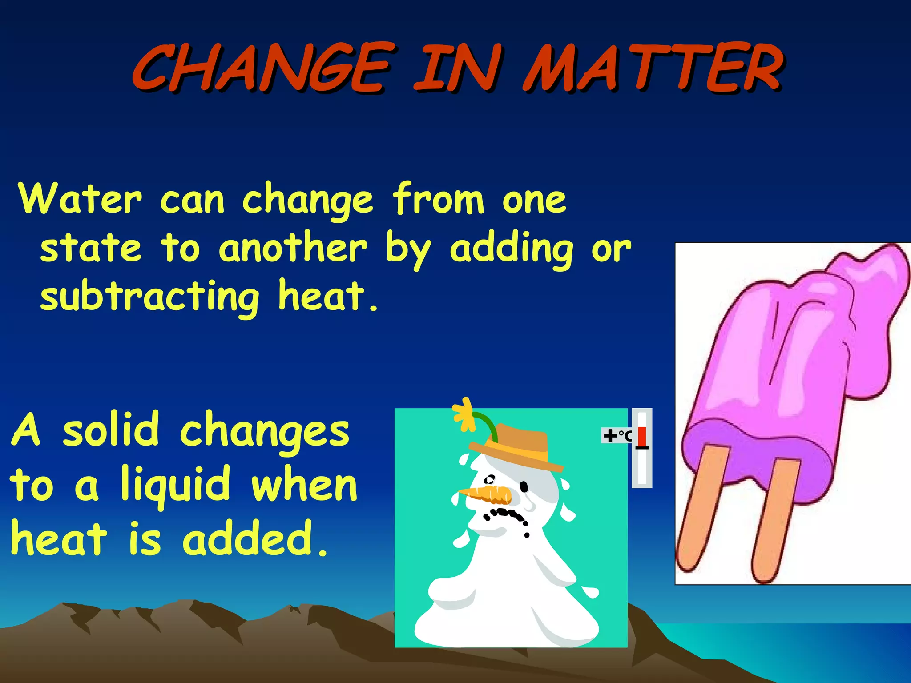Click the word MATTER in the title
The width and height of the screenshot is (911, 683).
[653, 68]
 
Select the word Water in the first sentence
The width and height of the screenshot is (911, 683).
[80, 199]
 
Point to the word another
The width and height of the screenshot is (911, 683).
[293, 248]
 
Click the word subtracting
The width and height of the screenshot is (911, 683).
[150, 297]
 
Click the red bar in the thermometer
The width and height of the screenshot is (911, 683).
[642, 437]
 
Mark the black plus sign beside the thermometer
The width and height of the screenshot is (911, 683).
[609, 436]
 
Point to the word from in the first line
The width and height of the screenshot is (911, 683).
[438, 199]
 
